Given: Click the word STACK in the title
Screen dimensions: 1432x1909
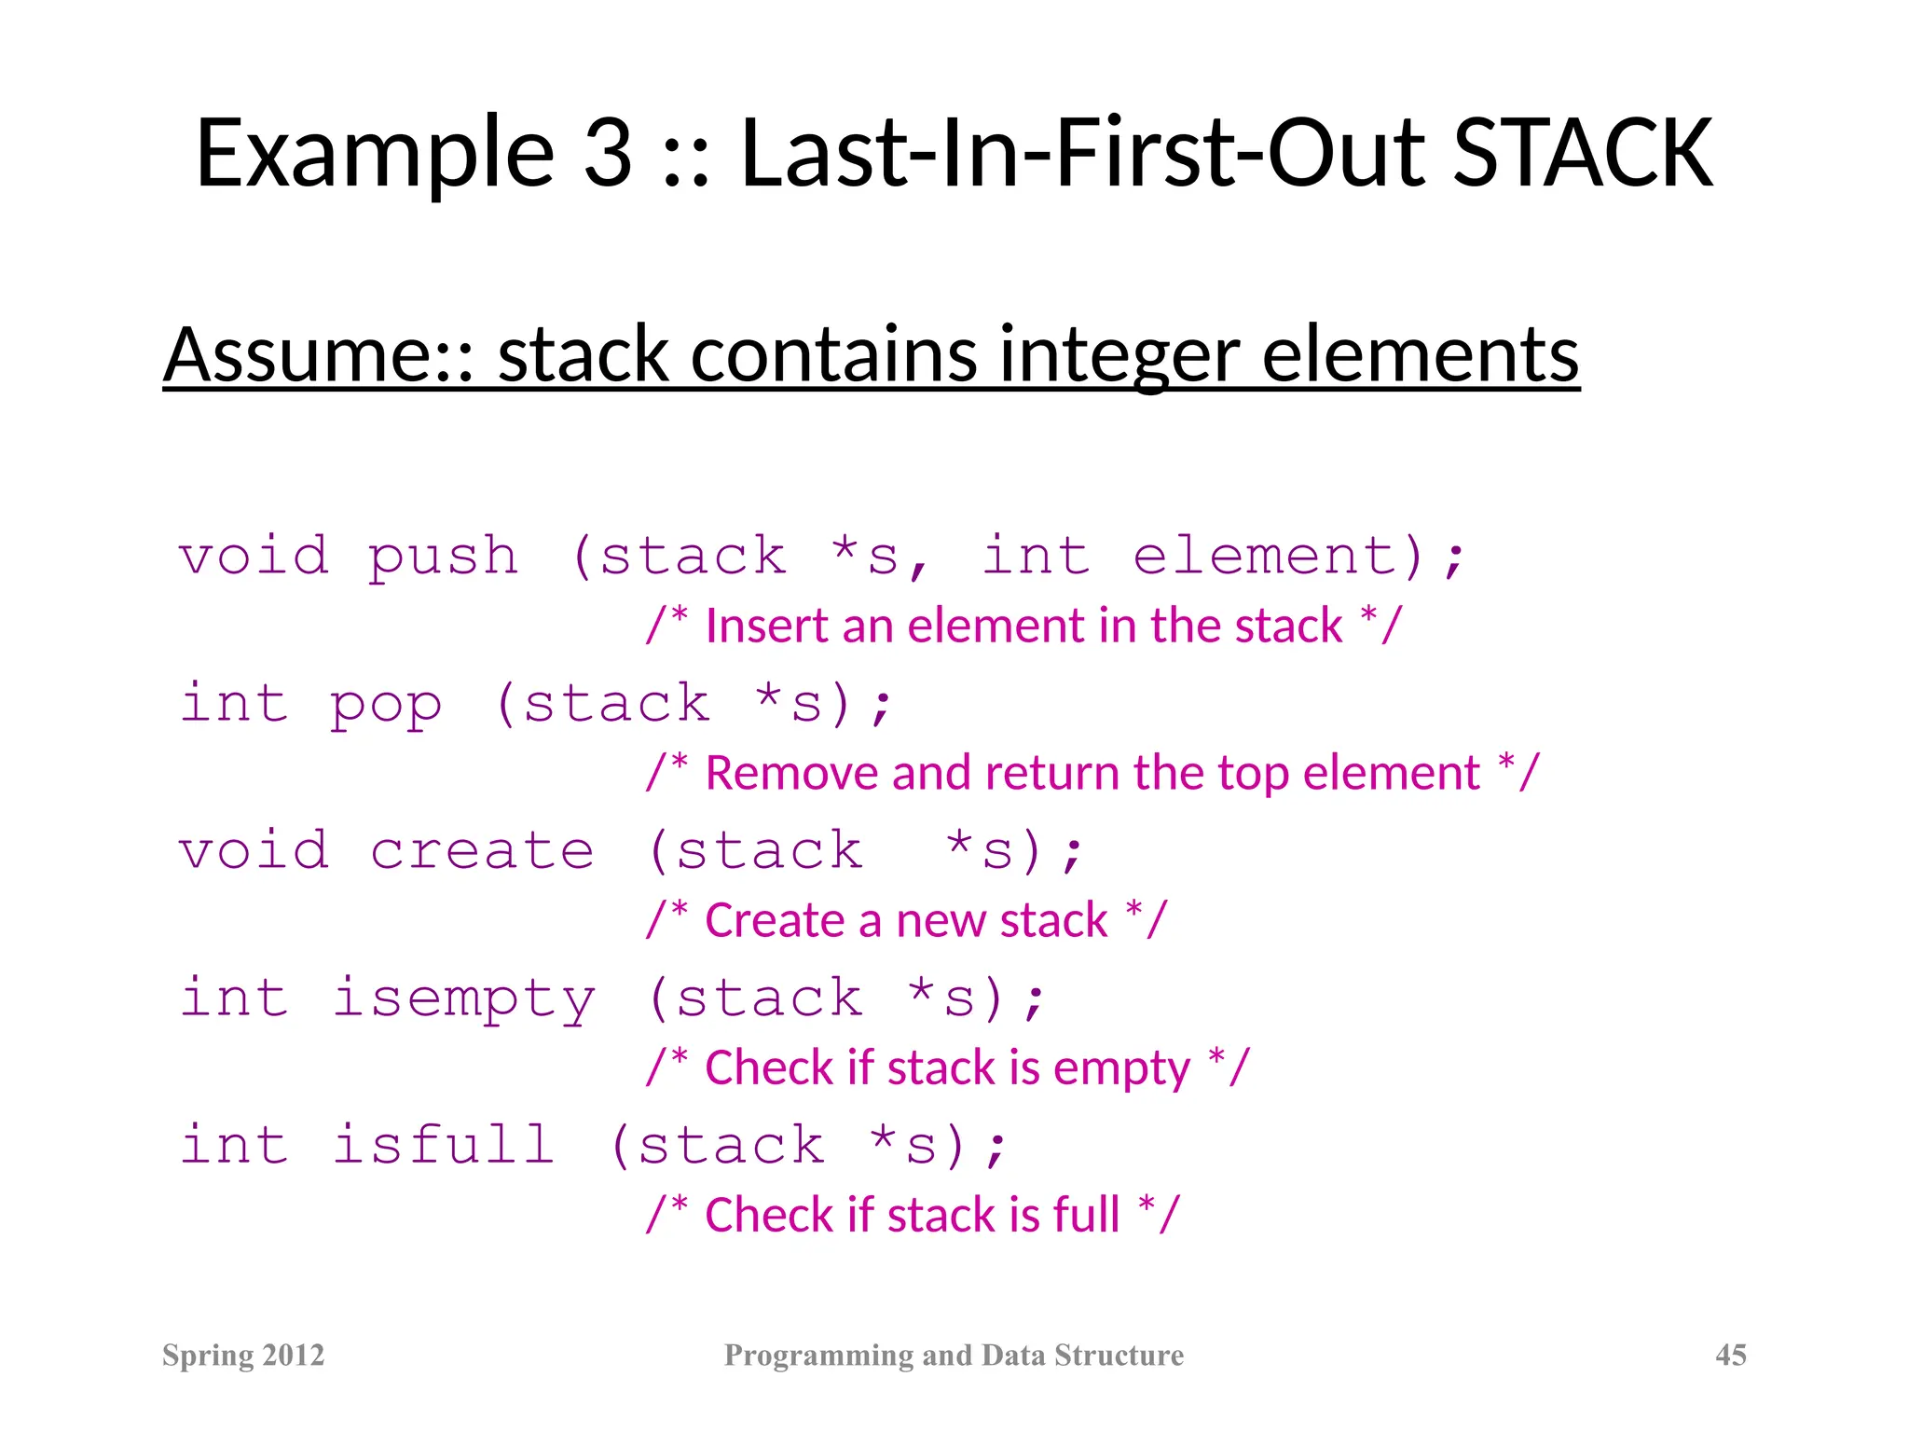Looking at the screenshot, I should pos(1582,154).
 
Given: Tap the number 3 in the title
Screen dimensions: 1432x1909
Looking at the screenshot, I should pos(608,154).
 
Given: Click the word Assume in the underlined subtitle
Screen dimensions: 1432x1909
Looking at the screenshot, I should pos(308,355).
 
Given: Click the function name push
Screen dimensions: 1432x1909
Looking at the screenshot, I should pos(442,558).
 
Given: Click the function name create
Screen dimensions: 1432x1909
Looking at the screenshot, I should pos(481,851).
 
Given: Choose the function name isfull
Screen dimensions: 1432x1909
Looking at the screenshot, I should pos(444,1145).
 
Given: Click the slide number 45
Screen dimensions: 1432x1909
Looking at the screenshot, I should pos(1730,1355).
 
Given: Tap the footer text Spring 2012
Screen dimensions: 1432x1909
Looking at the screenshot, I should pos(243,1355).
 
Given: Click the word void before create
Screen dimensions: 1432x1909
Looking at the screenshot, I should pos(254,851).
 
